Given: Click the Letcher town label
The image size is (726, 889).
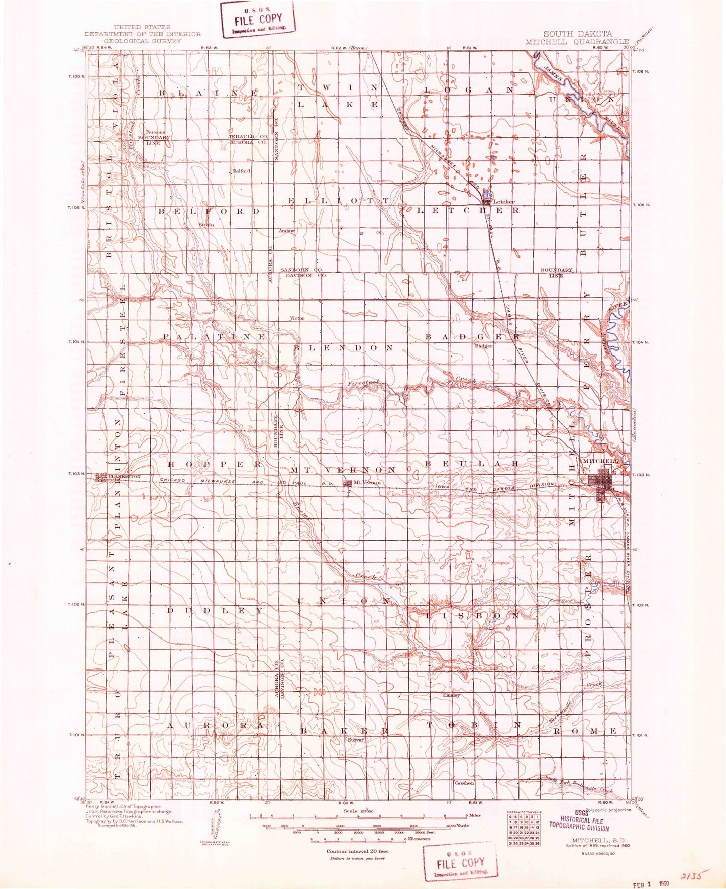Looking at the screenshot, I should (x=503, y=202).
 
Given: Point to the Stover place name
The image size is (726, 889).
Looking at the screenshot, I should (x=356, y=740).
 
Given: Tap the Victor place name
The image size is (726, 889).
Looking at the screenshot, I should (x=297, y=318).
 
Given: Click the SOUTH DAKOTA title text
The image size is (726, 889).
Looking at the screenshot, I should (x=577, y=34).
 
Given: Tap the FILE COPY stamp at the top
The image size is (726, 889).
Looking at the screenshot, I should (x=258, y=19).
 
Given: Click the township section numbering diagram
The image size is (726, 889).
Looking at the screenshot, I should (x=523, y=830).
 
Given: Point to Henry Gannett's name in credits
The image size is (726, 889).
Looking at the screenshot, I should (x=105, y=806).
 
